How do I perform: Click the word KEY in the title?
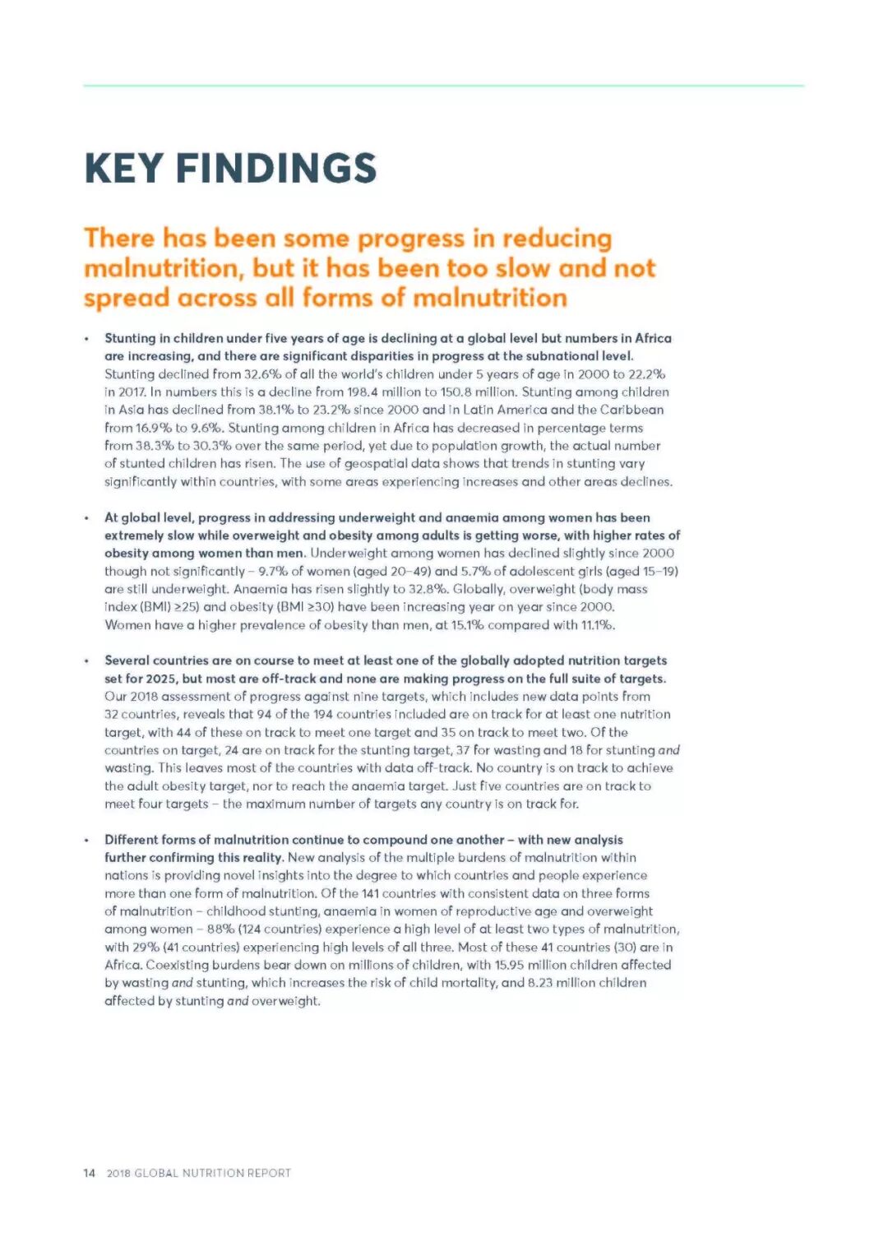tap(123, 169)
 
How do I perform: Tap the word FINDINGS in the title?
tap(275, 169)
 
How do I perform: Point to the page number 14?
tap(89, 1173)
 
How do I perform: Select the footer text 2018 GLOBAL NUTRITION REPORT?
tap(198, 1173)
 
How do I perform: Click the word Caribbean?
tap(631, 410)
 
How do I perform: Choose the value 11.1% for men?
tap(598, 625)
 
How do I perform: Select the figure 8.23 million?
tap(558, 983)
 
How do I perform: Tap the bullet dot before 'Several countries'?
tap(86, 661)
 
